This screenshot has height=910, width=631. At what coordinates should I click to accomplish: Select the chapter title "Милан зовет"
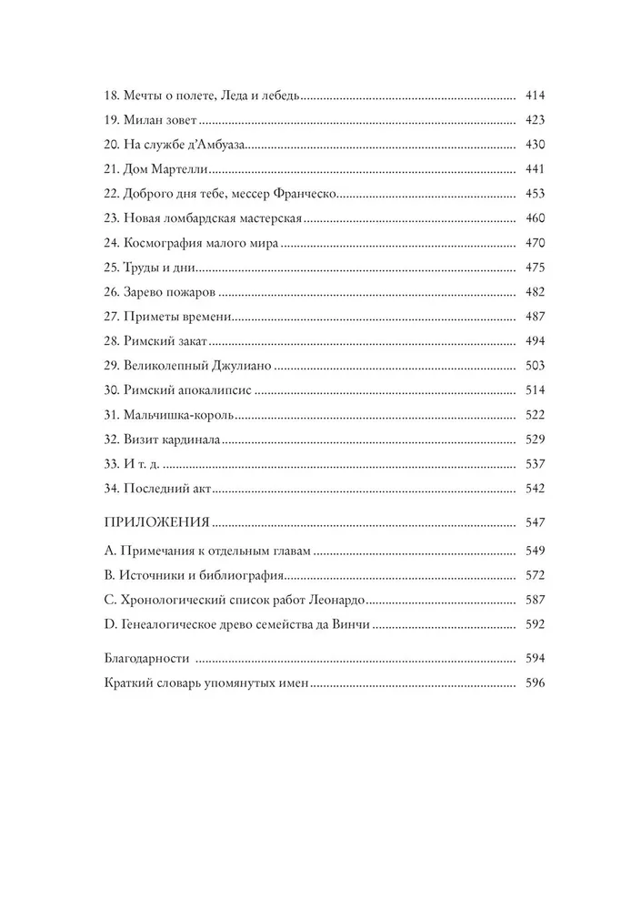click(x=160, y=120)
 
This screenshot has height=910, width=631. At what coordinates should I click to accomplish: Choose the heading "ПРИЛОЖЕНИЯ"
click(x=157, y=524)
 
